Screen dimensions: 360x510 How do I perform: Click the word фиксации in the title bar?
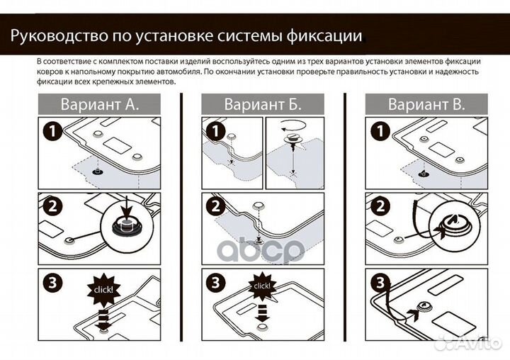click(326, 34)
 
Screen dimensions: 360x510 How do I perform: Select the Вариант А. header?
click(98, 105)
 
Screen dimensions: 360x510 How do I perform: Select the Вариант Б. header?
click(263, 105)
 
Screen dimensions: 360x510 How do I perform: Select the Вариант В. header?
click(426, 105)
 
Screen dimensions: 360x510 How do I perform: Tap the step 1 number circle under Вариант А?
click(51, 131)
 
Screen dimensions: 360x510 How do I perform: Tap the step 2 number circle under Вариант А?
click(51, 207)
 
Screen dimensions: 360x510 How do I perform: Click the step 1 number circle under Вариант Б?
click(215, 131)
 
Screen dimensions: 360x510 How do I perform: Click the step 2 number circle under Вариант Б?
click(215, 207)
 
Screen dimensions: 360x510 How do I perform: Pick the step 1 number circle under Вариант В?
click(378, 131)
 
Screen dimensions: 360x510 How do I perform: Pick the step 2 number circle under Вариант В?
click(378, 207)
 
